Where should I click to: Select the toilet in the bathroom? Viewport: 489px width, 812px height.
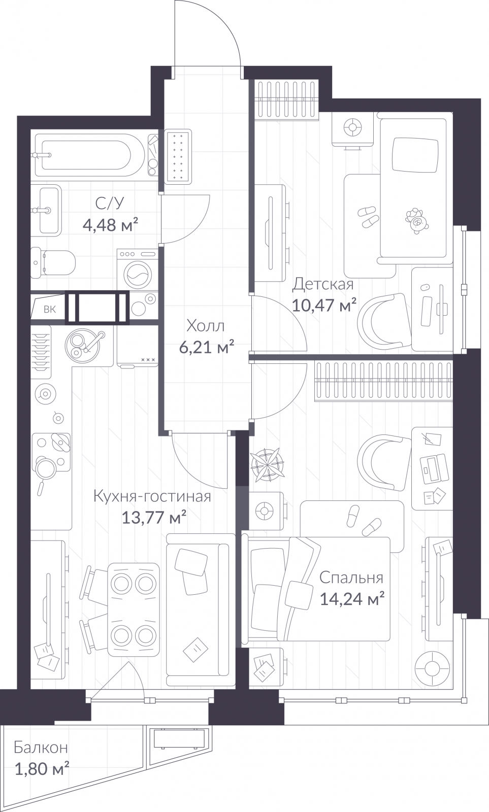tap(53, 263)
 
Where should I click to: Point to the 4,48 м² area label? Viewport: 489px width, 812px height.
tap(110, 225)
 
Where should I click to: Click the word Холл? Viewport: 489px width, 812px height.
tap(206, 326)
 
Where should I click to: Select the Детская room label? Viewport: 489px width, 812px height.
tap(323, 284)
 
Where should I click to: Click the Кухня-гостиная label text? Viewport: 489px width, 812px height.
tap(152, 496)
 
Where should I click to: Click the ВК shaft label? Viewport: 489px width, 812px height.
tap(50, 309)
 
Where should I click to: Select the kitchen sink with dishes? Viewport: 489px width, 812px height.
tap(84, 345)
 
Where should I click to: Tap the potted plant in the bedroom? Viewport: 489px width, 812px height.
tap(267, 465)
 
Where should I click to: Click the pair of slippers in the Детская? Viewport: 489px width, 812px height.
tap(368, 216)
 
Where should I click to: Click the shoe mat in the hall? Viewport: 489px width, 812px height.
tap(178, 155)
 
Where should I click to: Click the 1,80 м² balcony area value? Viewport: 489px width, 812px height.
tap(42, 768)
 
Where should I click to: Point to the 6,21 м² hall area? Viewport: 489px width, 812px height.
tap(206, 347)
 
